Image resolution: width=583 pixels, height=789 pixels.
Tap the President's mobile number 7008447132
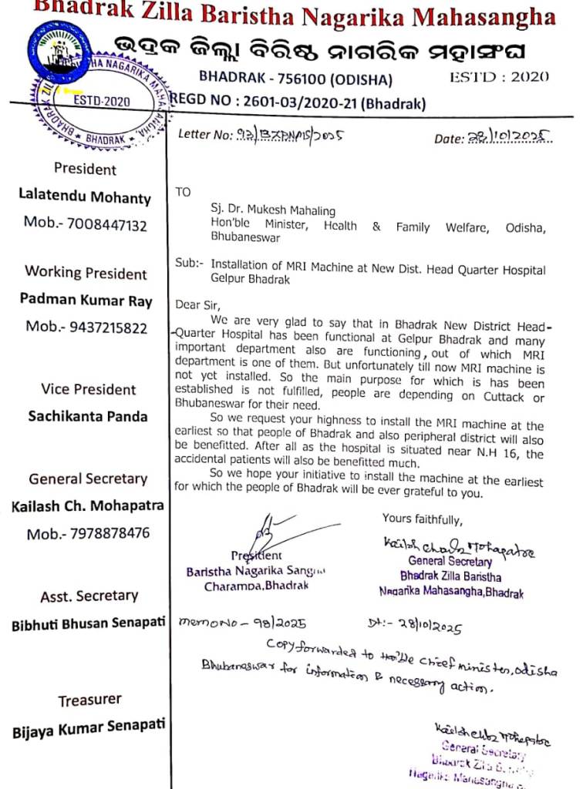(x=85, y=224)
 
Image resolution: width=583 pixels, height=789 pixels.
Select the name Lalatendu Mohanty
(x=85, y=196)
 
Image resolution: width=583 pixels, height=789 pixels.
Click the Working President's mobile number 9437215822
(x=86, y=327)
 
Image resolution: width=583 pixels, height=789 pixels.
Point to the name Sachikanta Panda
(x=87, y=416)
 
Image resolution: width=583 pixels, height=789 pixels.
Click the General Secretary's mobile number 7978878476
(x=88, y=534)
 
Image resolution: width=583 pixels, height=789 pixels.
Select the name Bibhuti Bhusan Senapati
(x=88, y=625)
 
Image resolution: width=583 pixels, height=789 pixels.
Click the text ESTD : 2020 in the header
(x=499, y=76)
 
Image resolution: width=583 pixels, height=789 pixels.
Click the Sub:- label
(x=189, y=263)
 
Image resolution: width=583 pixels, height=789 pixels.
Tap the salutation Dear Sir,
(x=198, y=305)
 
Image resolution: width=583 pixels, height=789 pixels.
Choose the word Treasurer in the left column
(x=89, y=700)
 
